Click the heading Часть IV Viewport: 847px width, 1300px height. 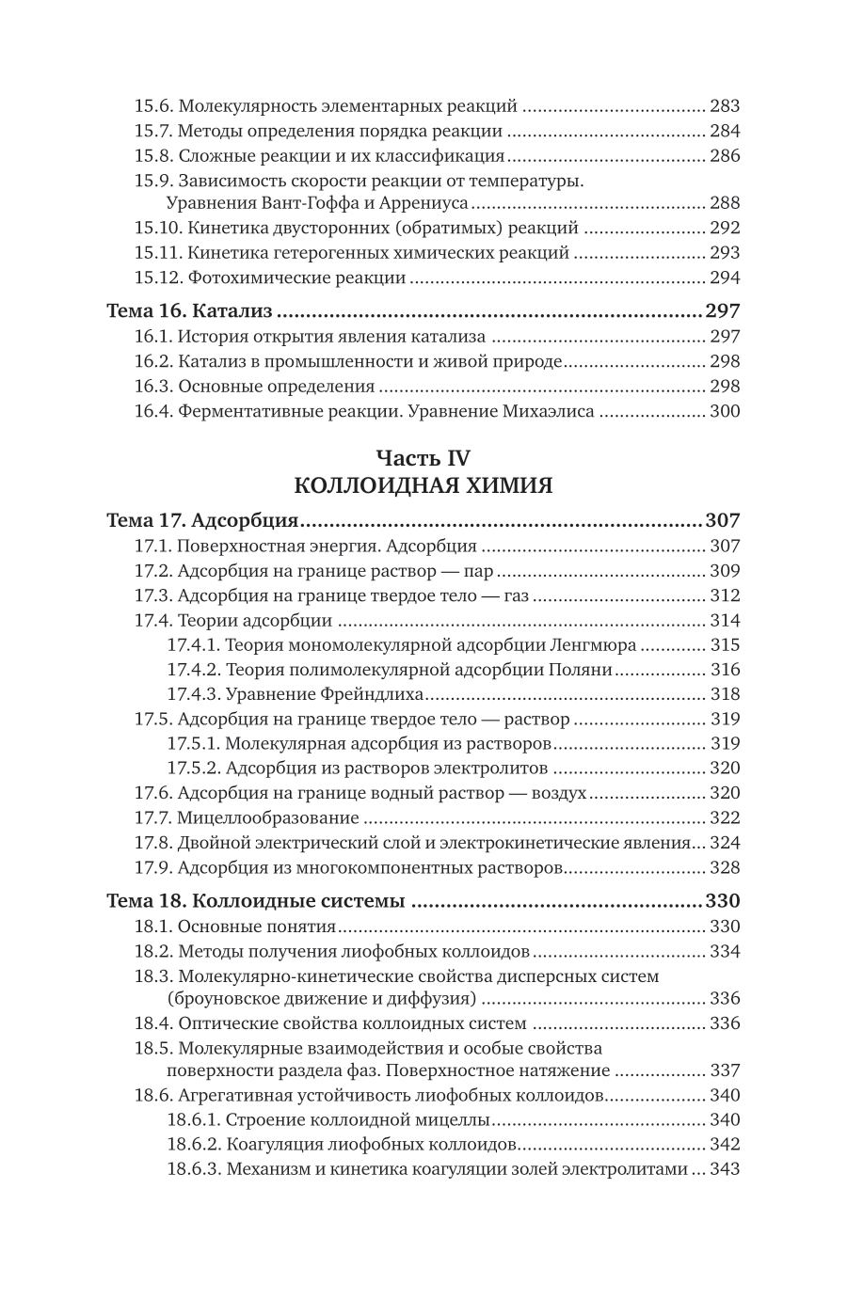(423, 458)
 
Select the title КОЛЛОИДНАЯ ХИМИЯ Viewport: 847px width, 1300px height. (423, 485)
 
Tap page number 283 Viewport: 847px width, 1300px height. (726, 106)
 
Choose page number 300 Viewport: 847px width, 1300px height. (726, 411)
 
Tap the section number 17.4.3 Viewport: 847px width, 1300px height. (193, 694)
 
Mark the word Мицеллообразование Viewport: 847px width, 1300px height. (268, 818)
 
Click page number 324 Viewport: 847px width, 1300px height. (726, 843)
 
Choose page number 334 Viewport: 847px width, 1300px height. (726, 951)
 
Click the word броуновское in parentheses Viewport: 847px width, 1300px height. (222, 998)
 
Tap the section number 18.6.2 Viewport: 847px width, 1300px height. (193, 1145)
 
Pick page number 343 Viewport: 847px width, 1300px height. (726, 1169)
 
